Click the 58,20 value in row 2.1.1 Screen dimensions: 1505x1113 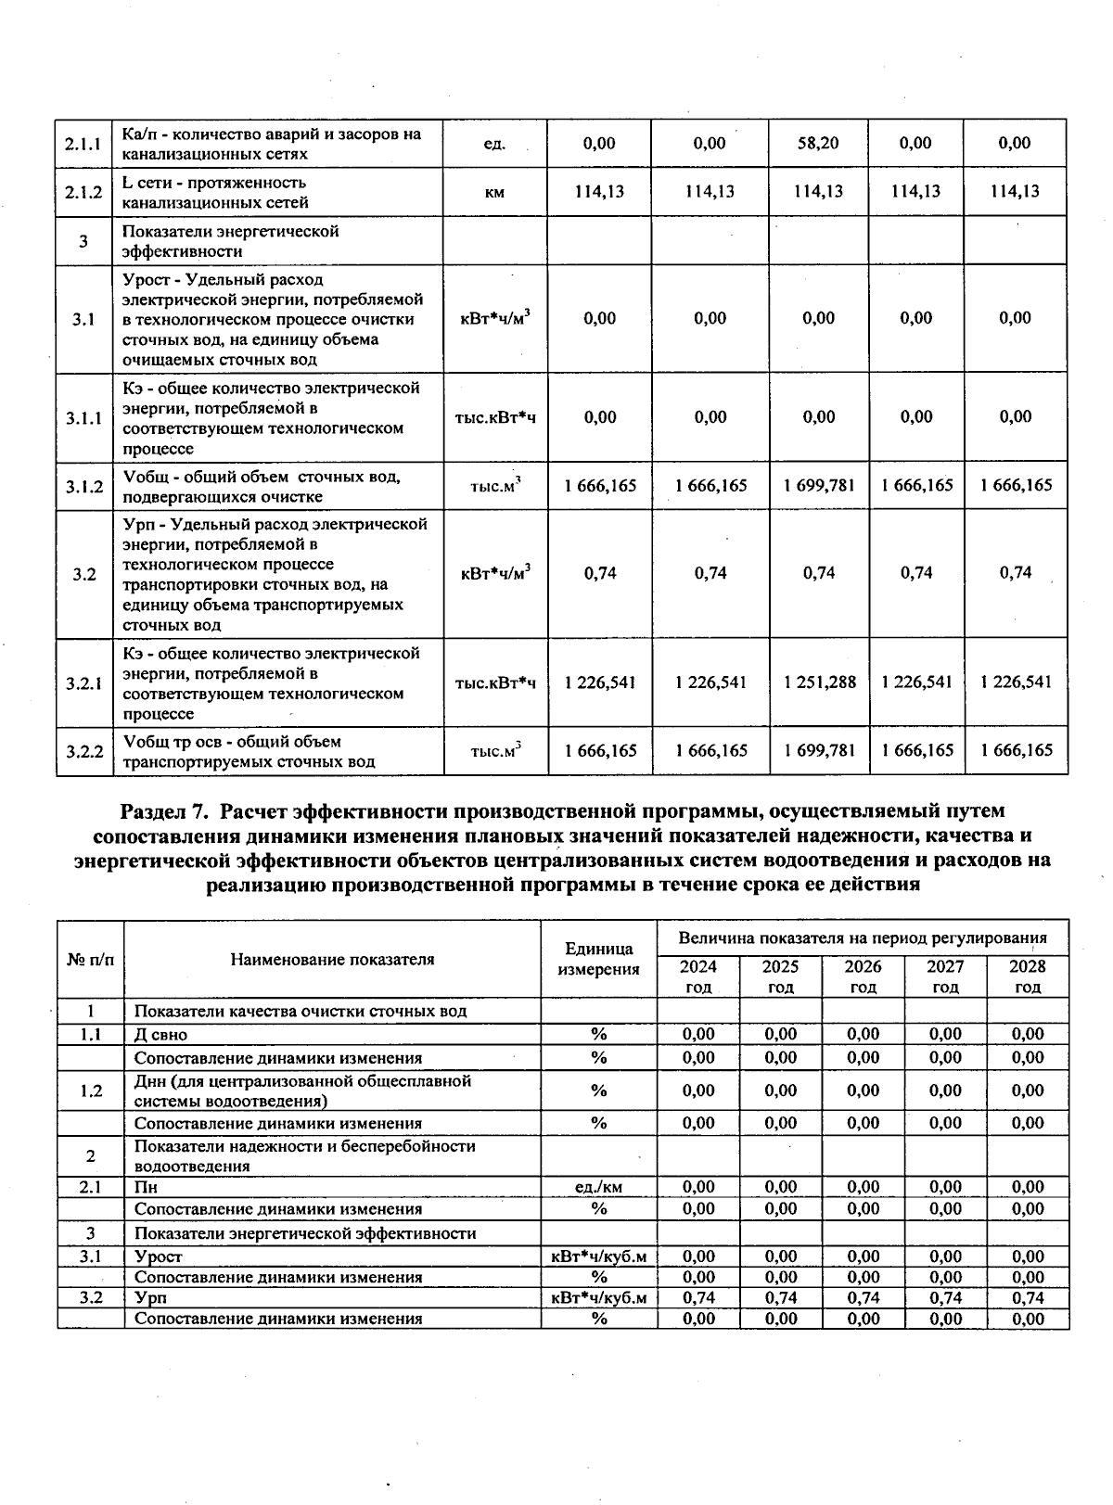[818, 143]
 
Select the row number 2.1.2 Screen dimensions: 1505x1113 [83, 192]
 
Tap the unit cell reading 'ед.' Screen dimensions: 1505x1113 [494, 144]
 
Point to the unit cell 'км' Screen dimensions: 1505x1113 [494, 193]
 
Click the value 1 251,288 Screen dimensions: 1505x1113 [819, 682]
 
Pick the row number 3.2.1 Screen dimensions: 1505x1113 [83, 683]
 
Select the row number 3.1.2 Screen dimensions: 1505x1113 [83, 486]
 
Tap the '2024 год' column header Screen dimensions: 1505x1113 [697, 976]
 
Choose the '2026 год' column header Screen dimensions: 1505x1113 [863, 976]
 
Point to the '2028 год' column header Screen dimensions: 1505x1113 [1027, 976]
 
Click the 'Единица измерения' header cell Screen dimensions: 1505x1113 [598, 959]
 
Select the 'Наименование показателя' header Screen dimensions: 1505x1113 [332, 959]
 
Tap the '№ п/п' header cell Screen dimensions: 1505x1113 [91, 959]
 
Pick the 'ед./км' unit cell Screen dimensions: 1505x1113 [598, 1187]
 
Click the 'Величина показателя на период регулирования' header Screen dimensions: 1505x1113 [863, 938]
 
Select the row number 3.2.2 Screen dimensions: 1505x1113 [83, 751]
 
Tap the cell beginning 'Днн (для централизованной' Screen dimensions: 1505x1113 [302, 1090]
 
